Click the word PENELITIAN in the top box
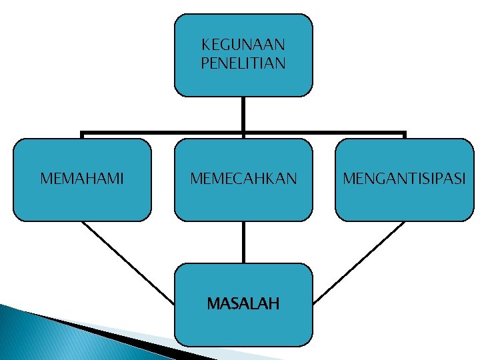coord(243,63)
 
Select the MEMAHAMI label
coord(82,179)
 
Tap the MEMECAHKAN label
coord(243,179)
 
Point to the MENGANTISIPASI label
coord(405,179)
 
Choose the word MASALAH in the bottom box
coord(243,304)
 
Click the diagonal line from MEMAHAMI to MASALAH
coord(127,261)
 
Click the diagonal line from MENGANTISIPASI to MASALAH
coord(360,261)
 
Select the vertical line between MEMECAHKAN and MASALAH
coord(243,241)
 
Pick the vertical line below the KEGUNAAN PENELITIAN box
coord(243,113)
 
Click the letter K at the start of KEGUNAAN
coord(205,45)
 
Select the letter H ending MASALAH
coord(274,304)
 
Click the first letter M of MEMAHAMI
coord(45,179)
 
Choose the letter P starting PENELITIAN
coord(204,63)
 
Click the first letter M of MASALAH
coord(212,304)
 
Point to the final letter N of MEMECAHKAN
coord(292,179)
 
